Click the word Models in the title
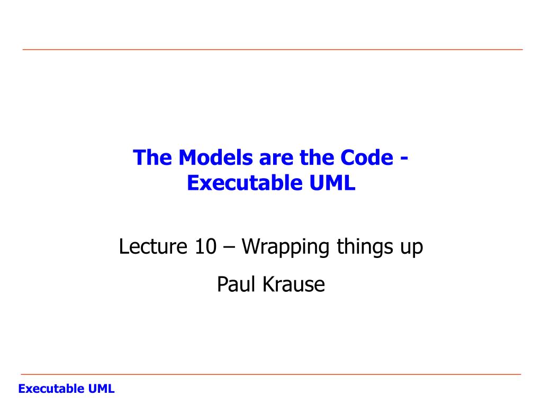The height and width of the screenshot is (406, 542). tap(216, 158)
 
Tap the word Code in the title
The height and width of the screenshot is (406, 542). tap(367, 158)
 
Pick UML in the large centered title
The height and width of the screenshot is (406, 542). tap(332, 182)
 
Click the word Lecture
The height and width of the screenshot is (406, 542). tap(153, 246)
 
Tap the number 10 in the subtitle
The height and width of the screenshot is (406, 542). tap(206, 247)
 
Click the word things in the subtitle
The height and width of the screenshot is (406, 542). tap(365, 247)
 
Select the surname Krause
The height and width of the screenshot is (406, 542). tap(294, 284)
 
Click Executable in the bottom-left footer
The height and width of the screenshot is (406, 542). tap(51, 389)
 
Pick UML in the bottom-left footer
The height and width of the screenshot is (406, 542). tap(101, 389)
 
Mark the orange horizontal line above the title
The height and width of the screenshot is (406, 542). tap(273, 50)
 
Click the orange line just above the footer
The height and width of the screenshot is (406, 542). tap(271, 374)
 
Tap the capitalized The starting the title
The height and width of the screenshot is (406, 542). tap(152, 158)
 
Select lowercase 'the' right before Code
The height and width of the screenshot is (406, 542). tap(318, 158)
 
